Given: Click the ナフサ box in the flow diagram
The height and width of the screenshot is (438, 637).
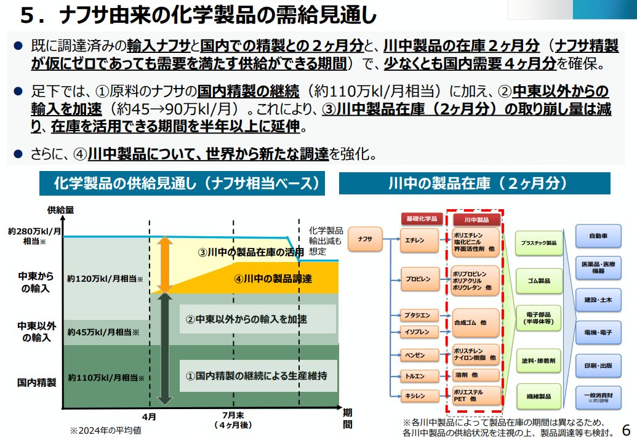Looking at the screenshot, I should point(365,239).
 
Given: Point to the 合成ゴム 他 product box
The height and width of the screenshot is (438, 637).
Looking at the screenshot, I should point(475,322).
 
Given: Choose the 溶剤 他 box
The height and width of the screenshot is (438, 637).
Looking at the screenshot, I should point(475,375).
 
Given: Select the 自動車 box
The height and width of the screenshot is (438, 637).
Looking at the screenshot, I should point(598,236).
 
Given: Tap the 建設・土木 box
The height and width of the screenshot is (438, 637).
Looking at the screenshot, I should point(598,300).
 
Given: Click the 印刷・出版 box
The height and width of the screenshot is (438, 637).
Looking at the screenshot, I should point(598,365).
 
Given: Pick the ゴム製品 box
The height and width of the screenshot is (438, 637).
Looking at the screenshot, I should point(538,281).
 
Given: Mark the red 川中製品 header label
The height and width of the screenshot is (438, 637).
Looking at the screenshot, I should point(476,218).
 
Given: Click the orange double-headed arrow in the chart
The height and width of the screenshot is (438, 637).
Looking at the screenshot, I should point(164,264).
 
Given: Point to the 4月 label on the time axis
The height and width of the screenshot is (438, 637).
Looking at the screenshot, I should point(149,416).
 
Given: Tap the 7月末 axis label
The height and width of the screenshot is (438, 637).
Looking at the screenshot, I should point(234,416).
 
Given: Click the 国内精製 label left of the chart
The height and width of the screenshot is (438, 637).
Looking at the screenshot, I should point(36,382).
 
